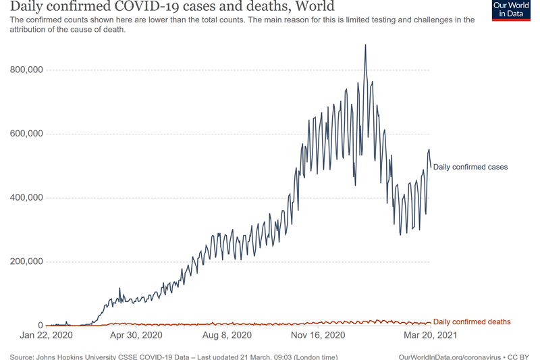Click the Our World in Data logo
point(511,10)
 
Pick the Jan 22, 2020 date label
point(47,335)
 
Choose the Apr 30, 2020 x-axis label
point(136,335)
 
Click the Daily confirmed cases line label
point(470,167)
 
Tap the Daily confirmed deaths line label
point(472,322)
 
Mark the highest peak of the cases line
point(365,45)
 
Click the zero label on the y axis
point(40,326)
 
